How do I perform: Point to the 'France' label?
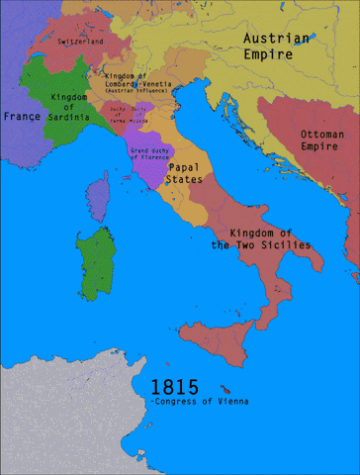[x=21, y=116]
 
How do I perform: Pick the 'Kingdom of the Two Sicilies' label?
[x=262, y=238]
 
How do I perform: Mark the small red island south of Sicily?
[x=229, y=387]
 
